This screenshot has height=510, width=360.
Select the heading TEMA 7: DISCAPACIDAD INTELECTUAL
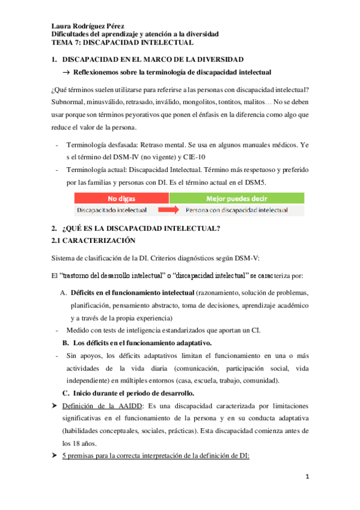[x=122, y=43]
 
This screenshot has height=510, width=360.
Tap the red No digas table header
[x=122, y=198]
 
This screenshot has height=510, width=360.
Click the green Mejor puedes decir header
[x=237, y=198]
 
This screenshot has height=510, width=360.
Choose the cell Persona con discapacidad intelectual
[x=236, y=210]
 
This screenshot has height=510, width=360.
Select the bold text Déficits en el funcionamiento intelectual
[x=132, y=292]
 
